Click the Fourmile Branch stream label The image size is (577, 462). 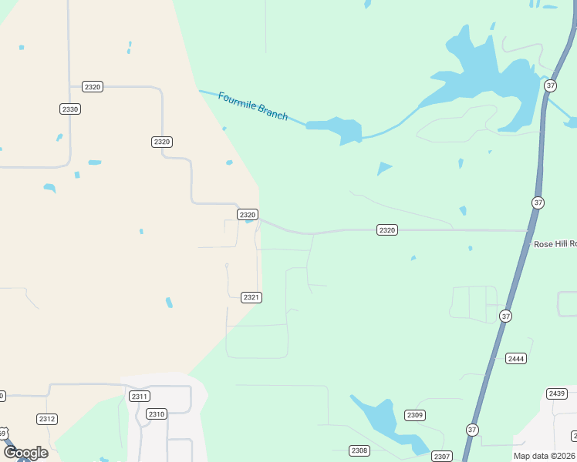253,106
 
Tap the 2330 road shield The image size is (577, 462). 70,109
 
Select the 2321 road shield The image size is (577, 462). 251,297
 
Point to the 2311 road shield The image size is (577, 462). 140,397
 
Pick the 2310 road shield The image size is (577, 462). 157,414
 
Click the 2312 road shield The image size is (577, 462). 46,419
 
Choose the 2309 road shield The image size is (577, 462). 415,416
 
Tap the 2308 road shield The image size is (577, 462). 359,450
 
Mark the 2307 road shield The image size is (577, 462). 442,457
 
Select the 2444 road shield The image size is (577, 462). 516,359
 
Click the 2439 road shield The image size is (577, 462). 557,393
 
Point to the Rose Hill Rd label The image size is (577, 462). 555,244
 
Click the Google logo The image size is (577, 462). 25,453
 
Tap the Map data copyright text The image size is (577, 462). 545,456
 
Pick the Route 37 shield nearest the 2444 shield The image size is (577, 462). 505,316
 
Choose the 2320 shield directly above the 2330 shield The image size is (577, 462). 93,87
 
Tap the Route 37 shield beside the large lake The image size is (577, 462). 550,85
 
